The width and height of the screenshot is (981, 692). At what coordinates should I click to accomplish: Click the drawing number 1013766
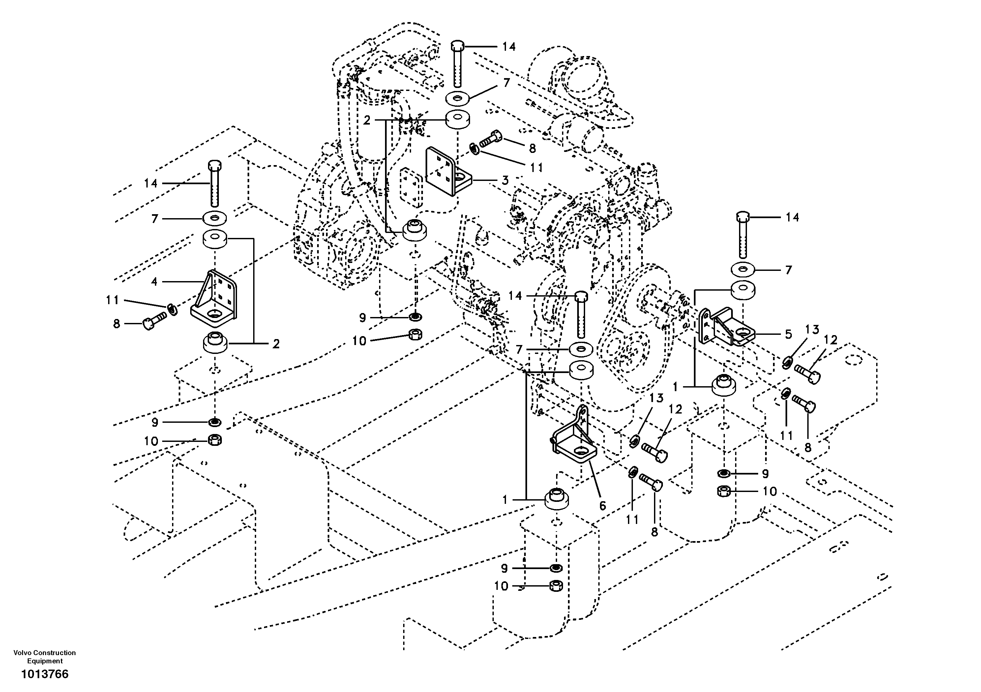[45, 674]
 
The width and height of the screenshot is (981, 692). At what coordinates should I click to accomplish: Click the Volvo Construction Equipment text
[45, 656]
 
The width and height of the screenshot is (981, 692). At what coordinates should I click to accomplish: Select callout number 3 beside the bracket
[505, 180]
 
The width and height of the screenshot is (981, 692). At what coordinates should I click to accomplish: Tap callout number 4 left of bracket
[154, 281]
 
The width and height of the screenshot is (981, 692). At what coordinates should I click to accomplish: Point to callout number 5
[788, 334]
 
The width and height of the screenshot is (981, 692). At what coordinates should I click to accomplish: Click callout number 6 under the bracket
[603, 506]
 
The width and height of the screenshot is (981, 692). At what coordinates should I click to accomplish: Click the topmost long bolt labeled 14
[458, 64]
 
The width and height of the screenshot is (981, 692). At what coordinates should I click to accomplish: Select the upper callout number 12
[831, 340]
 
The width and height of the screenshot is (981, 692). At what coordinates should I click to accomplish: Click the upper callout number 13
[812, 329]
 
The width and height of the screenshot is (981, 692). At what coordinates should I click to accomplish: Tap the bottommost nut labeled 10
[556, 586]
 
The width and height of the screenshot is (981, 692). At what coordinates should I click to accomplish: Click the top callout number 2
[367, 121]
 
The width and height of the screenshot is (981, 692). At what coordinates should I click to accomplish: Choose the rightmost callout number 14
[792, 217]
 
